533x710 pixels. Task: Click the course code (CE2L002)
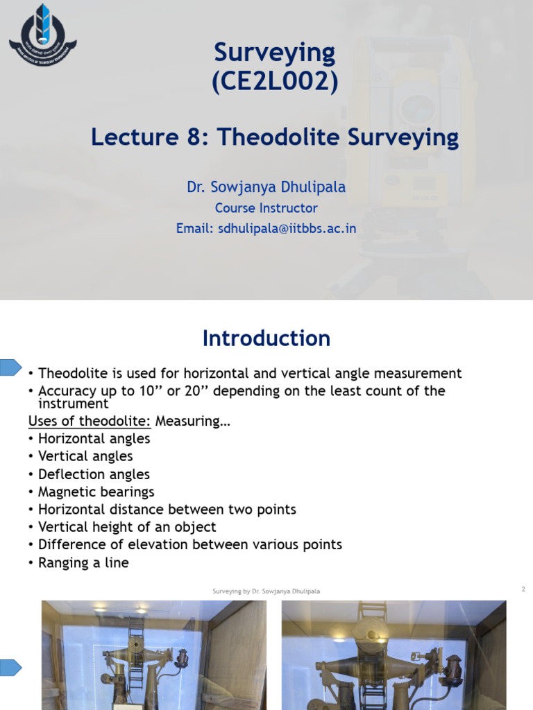point(275,82)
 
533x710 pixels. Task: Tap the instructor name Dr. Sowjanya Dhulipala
point(266,187)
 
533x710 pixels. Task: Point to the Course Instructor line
point(266,208)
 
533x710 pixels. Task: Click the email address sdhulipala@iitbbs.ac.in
point(266,228)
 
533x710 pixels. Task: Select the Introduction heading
point(266,338)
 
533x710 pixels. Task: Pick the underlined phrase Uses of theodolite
point(90,421)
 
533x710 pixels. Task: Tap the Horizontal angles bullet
point(94,439)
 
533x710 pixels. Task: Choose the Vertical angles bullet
point(85,456)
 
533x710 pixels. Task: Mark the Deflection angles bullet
point(94,474)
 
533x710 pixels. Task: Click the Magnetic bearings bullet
point(96,492)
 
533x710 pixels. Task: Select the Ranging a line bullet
point(83,563)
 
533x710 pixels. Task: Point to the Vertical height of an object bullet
point(127,527)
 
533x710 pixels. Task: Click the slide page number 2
point(523,589)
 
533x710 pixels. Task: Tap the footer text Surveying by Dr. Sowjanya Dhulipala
point(266,591)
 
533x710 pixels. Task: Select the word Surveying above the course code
point(275,53)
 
